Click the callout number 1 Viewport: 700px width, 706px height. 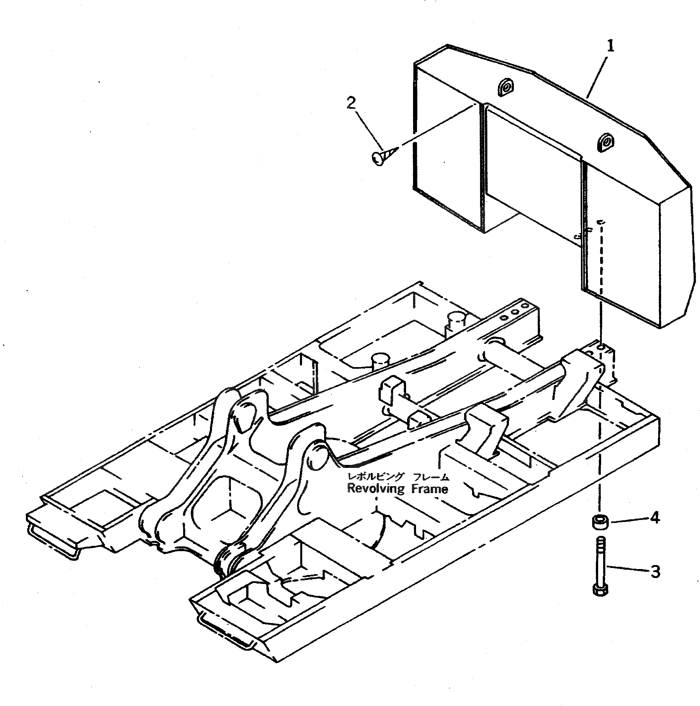coord(610,46)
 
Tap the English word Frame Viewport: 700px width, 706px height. coord(429,488)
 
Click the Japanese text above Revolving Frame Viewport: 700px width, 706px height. coord(398,476)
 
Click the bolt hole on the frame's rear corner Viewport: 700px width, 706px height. coord(601,347)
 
